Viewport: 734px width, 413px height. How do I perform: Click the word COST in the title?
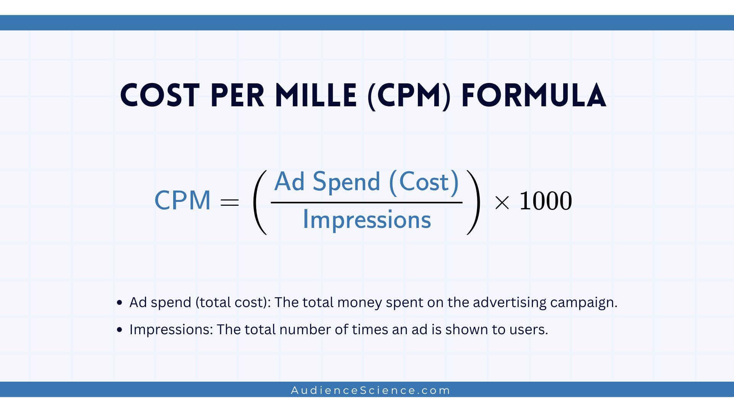[x=160, y=96]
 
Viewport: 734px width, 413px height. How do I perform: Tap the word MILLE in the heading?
[x=316, y=96]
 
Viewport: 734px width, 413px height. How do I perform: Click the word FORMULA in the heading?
[x=534, y=96]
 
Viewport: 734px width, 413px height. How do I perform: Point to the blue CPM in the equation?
[x=182, y=200]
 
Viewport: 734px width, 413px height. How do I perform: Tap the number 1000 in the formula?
[x=546, y=201]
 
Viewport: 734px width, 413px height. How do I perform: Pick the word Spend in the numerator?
[x=346, y=182]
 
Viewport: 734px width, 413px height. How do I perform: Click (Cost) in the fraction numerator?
[x=424, y=182]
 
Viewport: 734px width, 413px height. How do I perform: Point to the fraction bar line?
[x=366, y=202]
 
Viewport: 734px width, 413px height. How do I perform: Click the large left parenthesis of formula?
[x=260, y=202]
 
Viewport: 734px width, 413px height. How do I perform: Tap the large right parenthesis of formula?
[x=473, y=202]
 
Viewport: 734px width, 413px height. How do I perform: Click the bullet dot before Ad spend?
[x=120, y=303]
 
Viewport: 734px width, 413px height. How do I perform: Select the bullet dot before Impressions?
[x=120, y=330]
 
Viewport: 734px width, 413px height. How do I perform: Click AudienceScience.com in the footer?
[x=370, y=390]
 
